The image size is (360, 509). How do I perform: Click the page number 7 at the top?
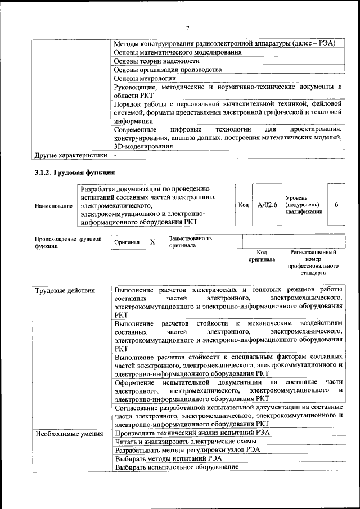[x=188, y=28]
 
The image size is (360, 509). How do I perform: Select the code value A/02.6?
[x=267, y=205]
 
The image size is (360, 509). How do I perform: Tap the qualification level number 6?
[x=336, y=205]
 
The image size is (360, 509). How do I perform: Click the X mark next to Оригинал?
[x=152, y=241]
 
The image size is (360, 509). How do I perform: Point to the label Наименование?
[x=53, y=206]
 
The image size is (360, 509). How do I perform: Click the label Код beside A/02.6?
[x=244, y=205]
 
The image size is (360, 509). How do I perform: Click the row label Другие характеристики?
[x=71, y=155]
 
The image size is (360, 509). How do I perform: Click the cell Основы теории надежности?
[x=156, y=61]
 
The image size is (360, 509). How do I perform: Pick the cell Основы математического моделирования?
[x=178, y=52]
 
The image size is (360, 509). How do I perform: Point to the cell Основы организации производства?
[x=167, y=70]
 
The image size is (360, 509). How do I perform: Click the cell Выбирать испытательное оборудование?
[x=176, y=467]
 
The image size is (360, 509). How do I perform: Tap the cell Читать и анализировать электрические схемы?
[x=183, y=442]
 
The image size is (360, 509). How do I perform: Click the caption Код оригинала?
[x=262, y=256]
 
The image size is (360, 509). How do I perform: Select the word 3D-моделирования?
[x=143, y=146]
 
